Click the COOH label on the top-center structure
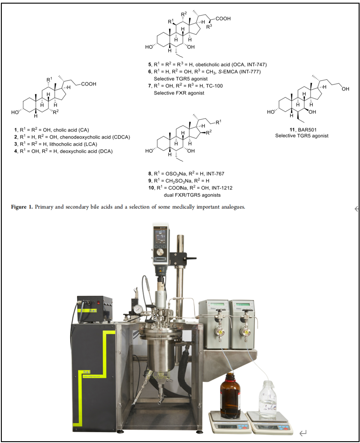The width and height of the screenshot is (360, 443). tap(223, 18)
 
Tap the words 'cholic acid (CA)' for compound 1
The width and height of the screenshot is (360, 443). tap(71, 130)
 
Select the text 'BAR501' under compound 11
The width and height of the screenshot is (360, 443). tap(307, 130)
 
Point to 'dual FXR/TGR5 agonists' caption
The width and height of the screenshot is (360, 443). tap(192, 195)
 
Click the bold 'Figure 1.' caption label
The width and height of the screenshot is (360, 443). tap(22, 207)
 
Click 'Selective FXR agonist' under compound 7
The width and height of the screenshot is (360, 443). tap(179, 93)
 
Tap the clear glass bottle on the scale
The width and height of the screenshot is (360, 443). tap(267, 398)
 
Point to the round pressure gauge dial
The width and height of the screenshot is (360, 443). tap(138, 309)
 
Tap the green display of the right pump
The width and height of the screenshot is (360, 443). tap(243, 304)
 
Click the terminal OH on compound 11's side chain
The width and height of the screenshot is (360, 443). tap(345, 89)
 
